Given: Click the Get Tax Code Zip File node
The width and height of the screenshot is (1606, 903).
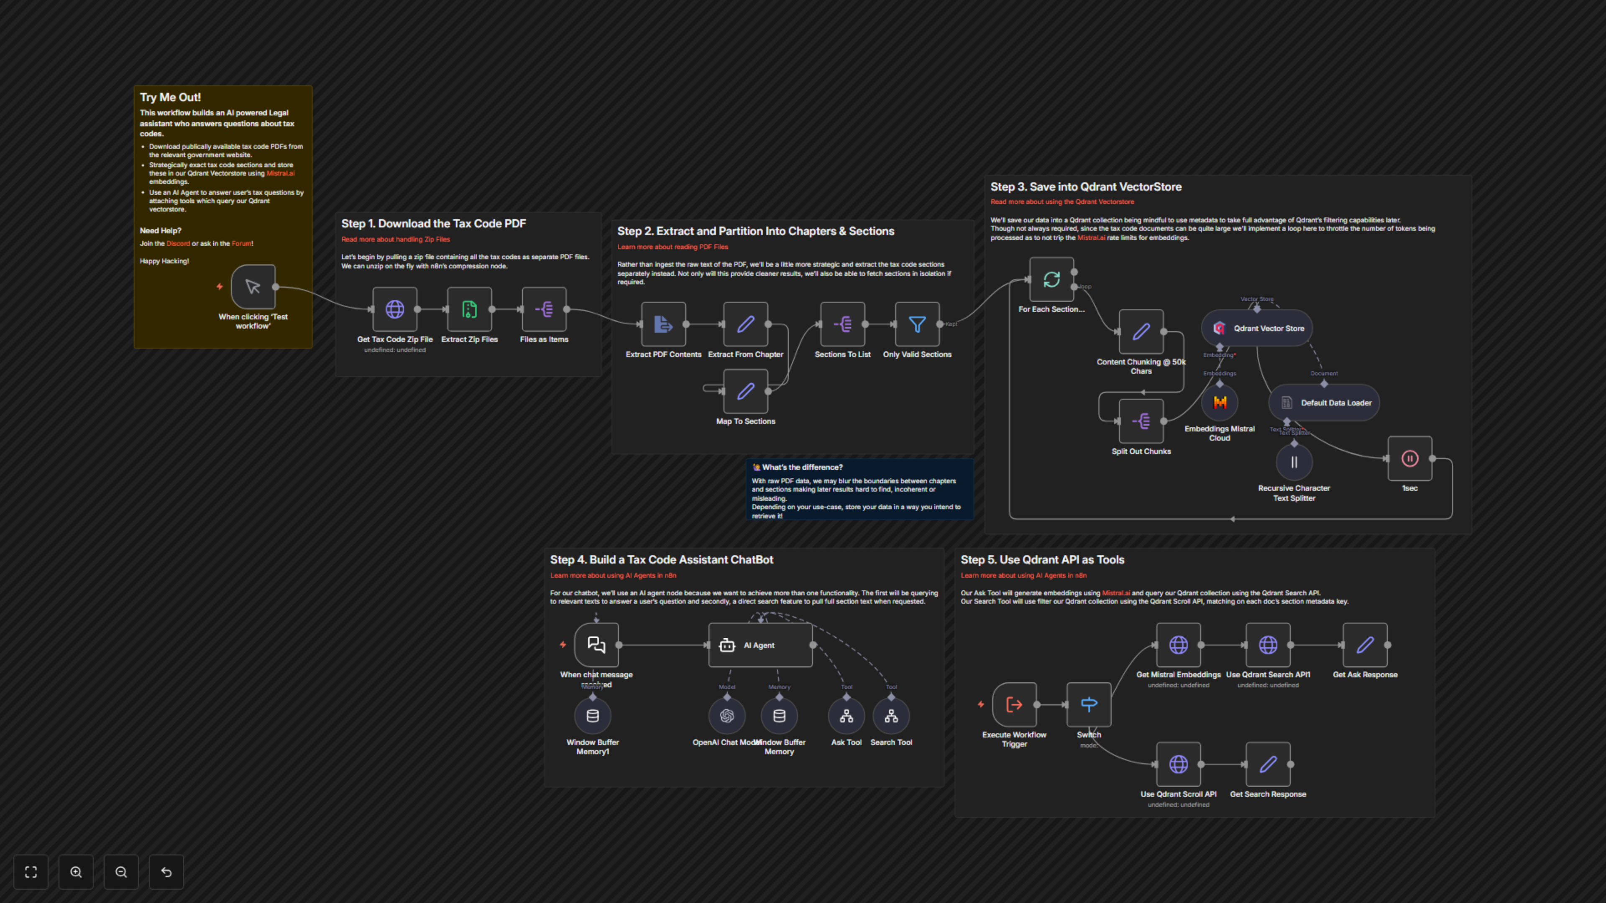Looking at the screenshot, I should (x=395, y=309).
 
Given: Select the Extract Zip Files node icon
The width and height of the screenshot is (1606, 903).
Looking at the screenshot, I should (x=469, y=309).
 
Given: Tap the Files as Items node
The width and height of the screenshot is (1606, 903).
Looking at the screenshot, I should (x=544, y=309).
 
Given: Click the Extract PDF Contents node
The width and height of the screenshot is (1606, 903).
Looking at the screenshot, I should (x=663, y=324).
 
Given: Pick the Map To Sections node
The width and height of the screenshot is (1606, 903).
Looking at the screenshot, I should (x=746, y=391).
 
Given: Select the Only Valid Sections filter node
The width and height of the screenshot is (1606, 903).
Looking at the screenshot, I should (x=917, y=324).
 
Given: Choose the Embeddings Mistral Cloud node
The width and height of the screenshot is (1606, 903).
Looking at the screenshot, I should (x=1220, y=403).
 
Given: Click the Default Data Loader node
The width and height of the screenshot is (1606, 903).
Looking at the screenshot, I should (x=1324, y=403).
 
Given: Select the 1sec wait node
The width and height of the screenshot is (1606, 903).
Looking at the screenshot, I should (x=1409, y=459).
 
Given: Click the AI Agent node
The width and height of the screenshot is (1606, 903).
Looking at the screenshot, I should (x=760, y=645).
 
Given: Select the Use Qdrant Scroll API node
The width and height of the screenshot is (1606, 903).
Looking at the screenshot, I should (x=1178, y=764).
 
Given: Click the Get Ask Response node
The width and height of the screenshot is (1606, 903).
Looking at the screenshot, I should (x=1365, y=645).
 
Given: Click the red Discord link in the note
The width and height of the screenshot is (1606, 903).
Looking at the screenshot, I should (x=178, y=244).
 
